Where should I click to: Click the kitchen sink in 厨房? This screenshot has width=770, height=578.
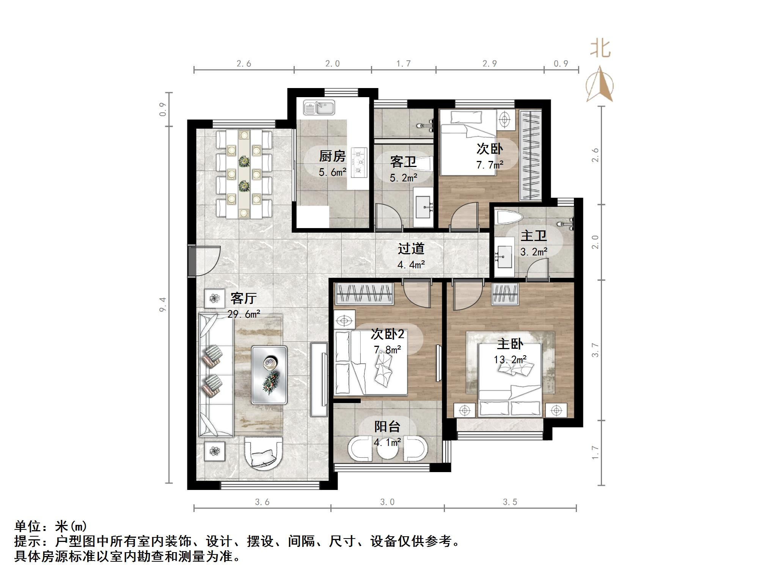319,107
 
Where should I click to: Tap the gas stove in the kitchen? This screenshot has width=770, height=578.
359,162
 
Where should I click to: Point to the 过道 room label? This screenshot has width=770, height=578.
411,249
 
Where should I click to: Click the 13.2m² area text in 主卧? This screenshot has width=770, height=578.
509,359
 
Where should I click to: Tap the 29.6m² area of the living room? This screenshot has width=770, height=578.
244,314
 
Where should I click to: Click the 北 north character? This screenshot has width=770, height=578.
600,49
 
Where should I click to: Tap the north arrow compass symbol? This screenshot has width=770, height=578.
600,84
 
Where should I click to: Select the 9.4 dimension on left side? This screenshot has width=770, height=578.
162,304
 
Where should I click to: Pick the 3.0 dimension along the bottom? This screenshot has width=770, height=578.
387,502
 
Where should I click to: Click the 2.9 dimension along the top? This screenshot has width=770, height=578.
489,63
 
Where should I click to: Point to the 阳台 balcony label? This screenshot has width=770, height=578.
387,427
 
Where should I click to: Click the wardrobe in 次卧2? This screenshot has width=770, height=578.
364,294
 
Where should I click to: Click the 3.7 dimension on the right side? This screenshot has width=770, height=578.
595,350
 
